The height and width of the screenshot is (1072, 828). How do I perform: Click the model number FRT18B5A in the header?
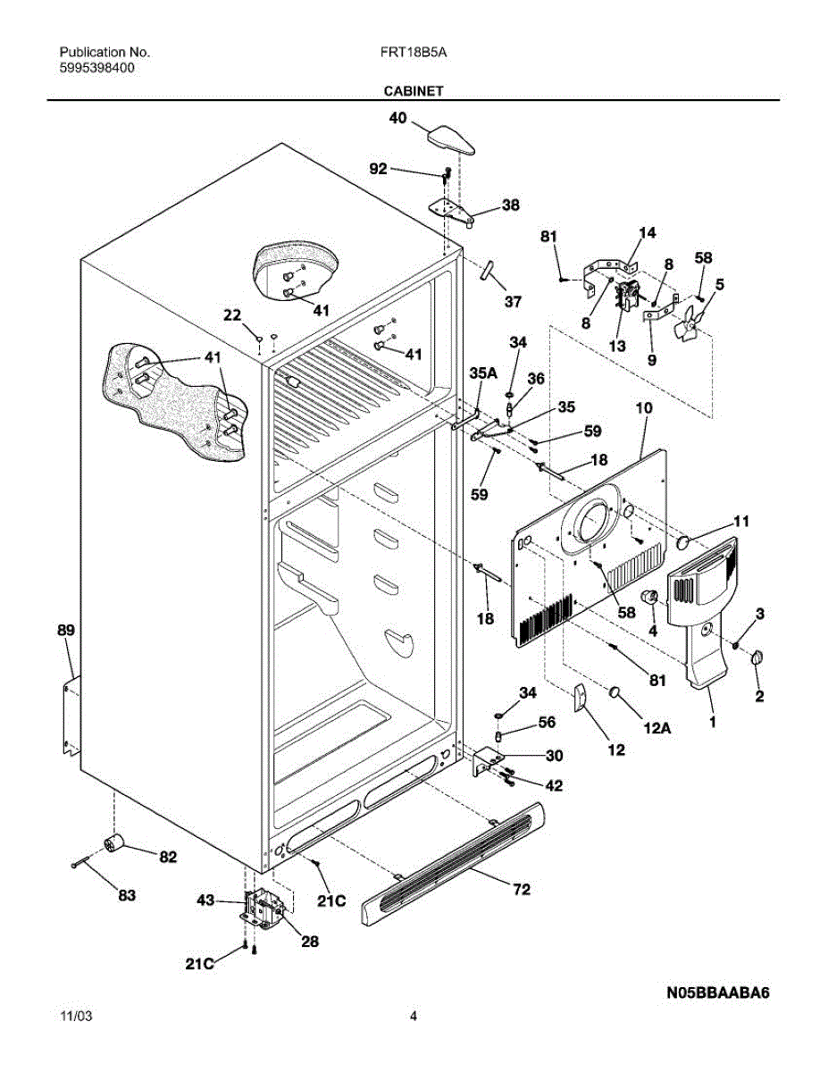[x=414, y=53]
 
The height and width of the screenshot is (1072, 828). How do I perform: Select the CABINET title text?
[x=414, y=90]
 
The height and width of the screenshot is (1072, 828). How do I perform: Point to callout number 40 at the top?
[x=397, y=118]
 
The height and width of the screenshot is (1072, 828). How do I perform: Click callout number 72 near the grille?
[x=521, y=889]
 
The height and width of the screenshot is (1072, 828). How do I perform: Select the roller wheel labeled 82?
[x=113, y=843]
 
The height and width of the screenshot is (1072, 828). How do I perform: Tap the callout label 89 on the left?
[x=66, y=631]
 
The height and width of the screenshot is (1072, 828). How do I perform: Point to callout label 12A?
[x=657, y=729]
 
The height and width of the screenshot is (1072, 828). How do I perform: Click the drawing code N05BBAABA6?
[x=717, y=992]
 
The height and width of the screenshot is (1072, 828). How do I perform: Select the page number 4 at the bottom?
[x=414, y=1016]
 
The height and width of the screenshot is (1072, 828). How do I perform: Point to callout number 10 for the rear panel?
[x=643, y=408]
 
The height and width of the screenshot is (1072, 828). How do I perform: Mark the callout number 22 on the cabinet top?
[x=232, y=314]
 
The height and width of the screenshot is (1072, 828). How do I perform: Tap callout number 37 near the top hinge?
[x=512, y=302]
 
